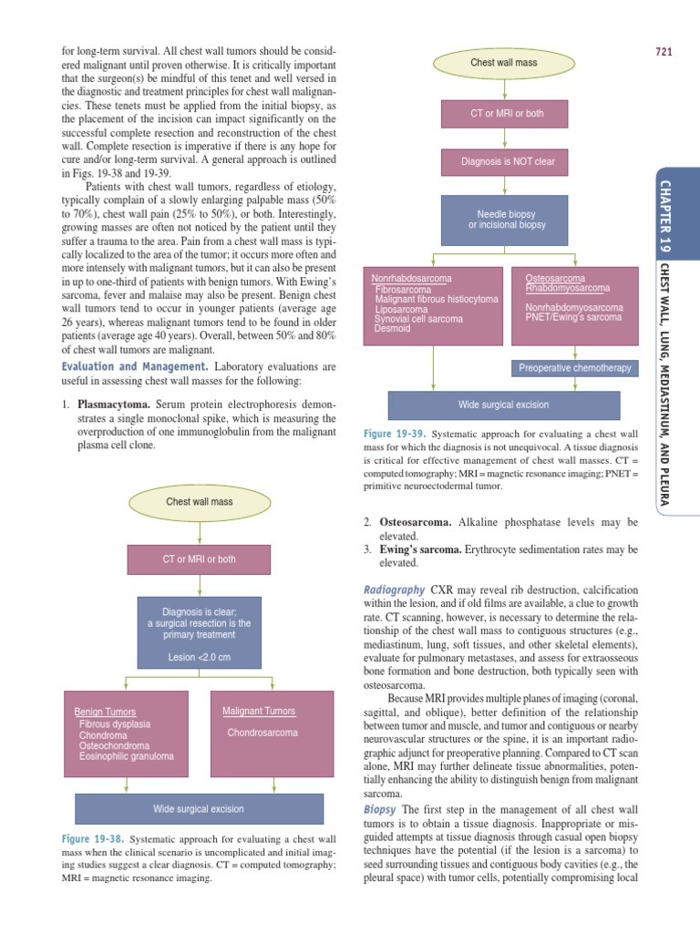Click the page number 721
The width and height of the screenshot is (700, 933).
pos(663,51)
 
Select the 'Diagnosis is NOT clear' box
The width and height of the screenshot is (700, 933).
pos(508,162)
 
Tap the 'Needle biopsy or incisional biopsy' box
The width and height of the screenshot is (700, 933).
pos(508,219)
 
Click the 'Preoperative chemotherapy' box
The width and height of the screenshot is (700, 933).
pos(574,367)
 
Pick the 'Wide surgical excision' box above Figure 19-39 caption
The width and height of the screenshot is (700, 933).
pos(503,405)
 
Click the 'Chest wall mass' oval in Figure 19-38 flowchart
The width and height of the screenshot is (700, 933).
pos(199,501)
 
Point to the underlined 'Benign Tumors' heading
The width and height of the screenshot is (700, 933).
pos(105,712)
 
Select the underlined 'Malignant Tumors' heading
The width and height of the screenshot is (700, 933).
pos(259,711)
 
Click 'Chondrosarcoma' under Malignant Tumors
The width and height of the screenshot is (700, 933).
pos(262,733)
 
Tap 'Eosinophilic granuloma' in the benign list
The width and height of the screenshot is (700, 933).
pos(126,756)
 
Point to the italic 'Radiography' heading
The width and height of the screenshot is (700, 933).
pos(394,590)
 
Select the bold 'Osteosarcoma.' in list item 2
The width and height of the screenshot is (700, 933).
pos(416,522)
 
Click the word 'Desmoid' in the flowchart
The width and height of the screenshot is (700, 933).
pos(392,329)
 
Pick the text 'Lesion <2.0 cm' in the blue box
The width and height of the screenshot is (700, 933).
pos(199,656)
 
